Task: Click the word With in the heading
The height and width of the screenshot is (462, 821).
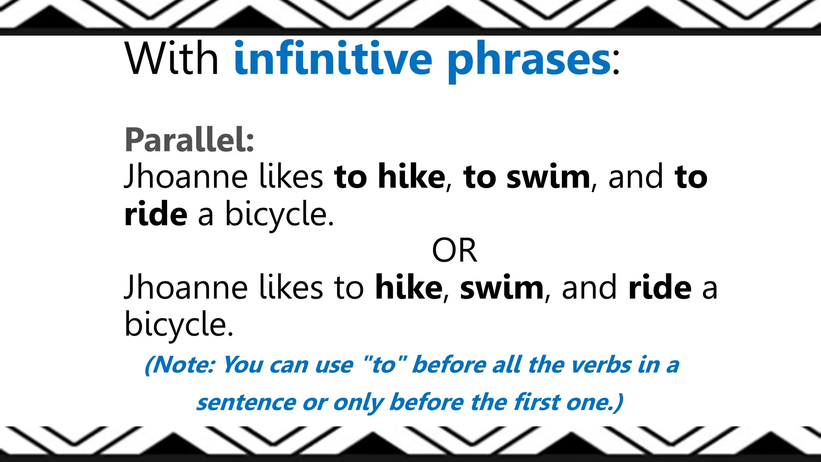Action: [172, 59]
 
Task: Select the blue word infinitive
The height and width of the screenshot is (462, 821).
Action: [333, 59]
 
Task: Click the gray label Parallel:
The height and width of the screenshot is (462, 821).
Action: [189, 140]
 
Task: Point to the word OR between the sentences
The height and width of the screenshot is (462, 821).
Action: [454, 251]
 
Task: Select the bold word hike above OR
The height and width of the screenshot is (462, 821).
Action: [411, 176]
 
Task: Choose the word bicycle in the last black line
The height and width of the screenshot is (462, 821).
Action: [178, 324]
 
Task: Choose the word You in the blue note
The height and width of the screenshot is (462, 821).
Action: [243, 365]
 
